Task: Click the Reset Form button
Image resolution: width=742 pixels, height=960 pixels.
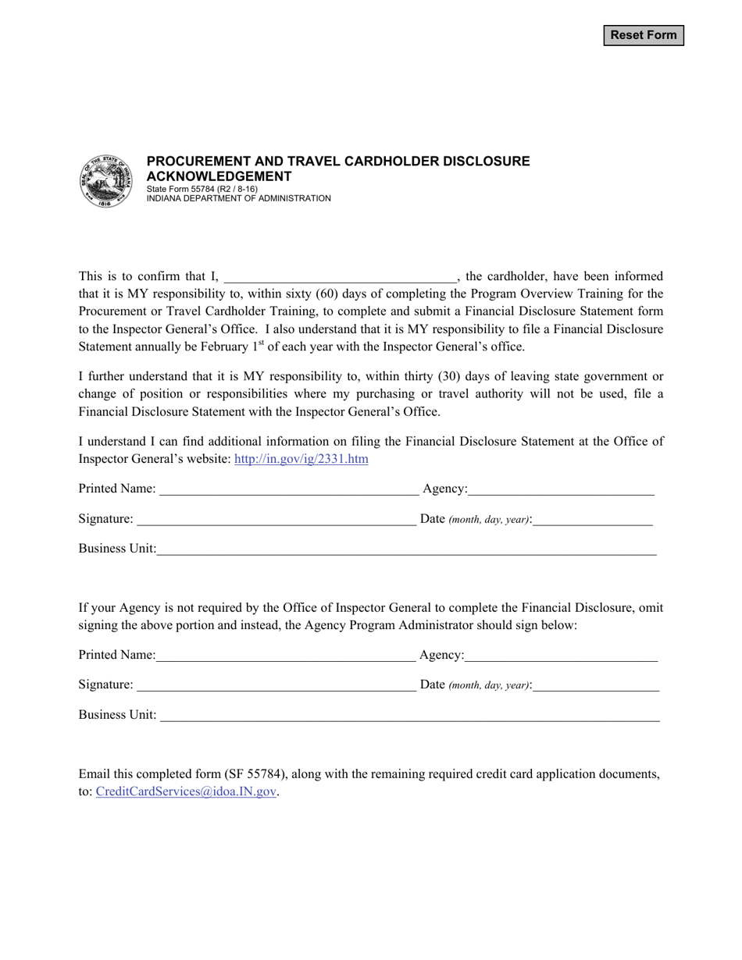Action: [x=644, y=35]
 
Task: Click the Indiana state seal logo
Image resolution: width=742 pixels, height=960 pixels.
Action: [x=106, y=181]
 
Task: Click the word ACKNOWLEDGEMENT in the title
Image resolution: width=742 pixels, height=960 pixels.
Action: [x=219, y=176]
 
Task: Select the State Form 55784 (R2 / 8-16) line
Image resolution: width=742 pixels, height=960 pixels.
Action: [x=202, y=189]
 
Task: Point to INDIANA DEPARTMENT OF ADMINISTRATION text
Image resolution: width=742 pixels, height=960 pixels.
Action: [x=238, y=198]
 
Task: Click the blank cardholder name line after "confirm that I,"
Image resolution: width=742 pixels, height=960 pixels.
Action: [x=340, y=277]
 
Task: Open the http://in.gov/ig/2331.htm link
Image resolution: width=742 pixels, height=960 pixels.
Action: [x=301, y=459]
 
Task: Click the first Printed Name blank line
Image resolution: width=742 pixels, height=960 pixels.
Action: [x=287, y=490]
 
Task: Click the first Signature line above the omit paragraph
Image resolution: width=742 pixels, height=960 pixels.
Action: [x=276, y=520]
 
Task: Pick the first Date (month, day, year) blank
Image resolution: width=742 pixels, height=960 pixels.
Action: [x=593, y=520]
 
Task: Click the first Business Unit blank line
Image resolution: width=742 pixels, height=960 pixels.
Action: [x=406, y=549]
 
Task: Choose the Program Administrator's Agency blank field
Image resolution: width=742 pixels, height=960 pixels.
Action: [x=561, y=656]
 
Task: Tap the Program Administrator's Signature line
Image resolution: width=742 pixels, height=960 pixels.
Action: [x=276, y=686]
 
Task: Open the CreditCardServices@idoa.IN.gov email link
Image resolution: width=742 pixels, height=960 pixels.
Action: [x=186, y=791]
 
